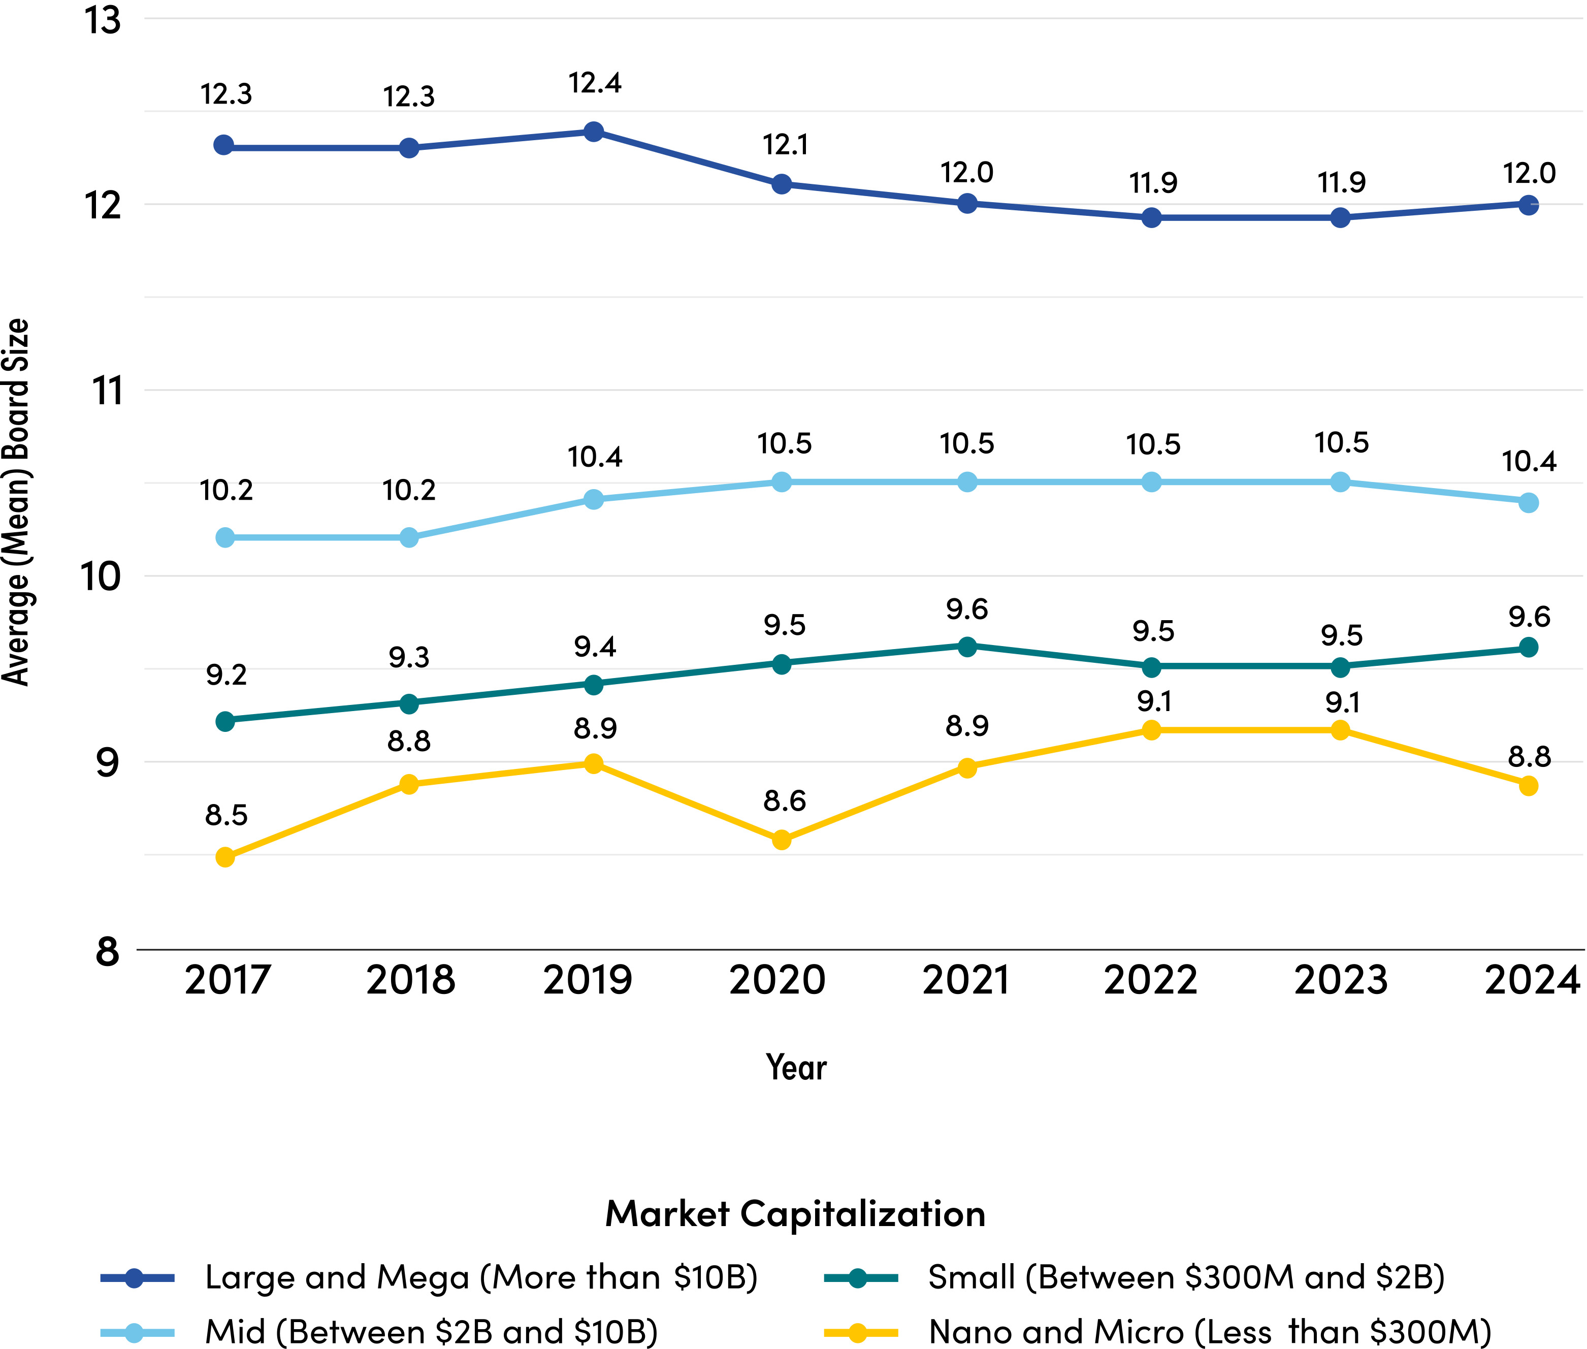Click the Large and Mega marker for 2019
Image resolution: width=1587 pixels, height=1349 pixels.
593,132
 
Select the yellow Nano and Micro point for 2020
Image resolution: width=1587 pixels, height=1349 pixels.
781,840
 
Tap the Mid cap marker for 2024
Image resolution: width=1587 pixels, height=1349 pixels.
1528,502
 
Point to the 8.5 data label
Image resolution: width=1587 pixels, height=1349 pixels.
226,815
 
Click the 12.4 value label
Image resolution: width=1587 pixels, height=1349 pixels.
595,83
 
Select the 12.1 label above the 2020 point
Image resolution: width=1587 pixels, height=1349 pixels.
785,145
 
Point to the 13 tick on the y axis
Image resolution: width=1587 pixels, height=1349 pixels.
103,21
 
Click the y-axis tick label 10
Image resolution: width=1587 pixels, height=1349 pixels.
101,576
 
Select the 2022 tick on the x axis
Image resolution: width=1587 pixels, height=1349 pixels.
1150,980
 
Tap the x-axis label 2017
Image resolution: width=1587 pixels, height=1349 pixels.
228,980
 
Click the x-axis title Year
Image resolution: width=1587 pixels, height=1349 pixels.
796,1068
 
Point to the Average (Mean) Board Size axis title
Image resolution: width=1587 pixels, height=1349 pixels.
15,502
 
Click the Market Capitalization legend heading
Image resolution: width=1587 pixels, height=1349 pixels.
795,1213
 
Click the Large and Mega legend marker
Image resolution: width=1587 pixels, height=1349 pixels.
135,1278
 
